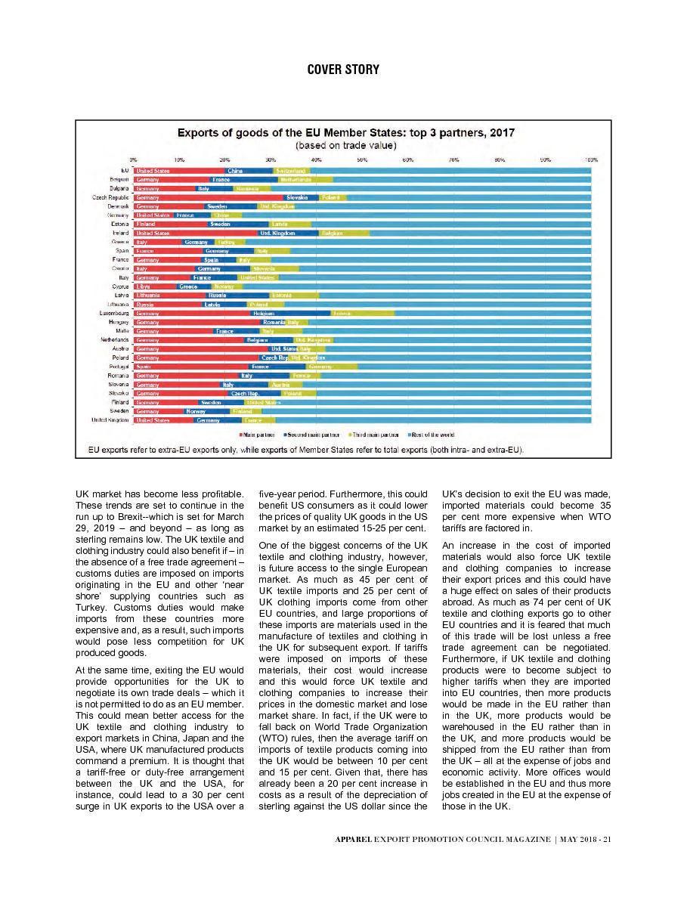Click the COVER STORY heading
[x=343, y=70]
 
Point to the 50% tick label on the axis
[x=362, y=160]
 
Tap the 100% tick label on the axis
[x=591, y=160]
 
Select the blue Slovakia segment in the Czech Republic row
[x=296, y=197]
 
